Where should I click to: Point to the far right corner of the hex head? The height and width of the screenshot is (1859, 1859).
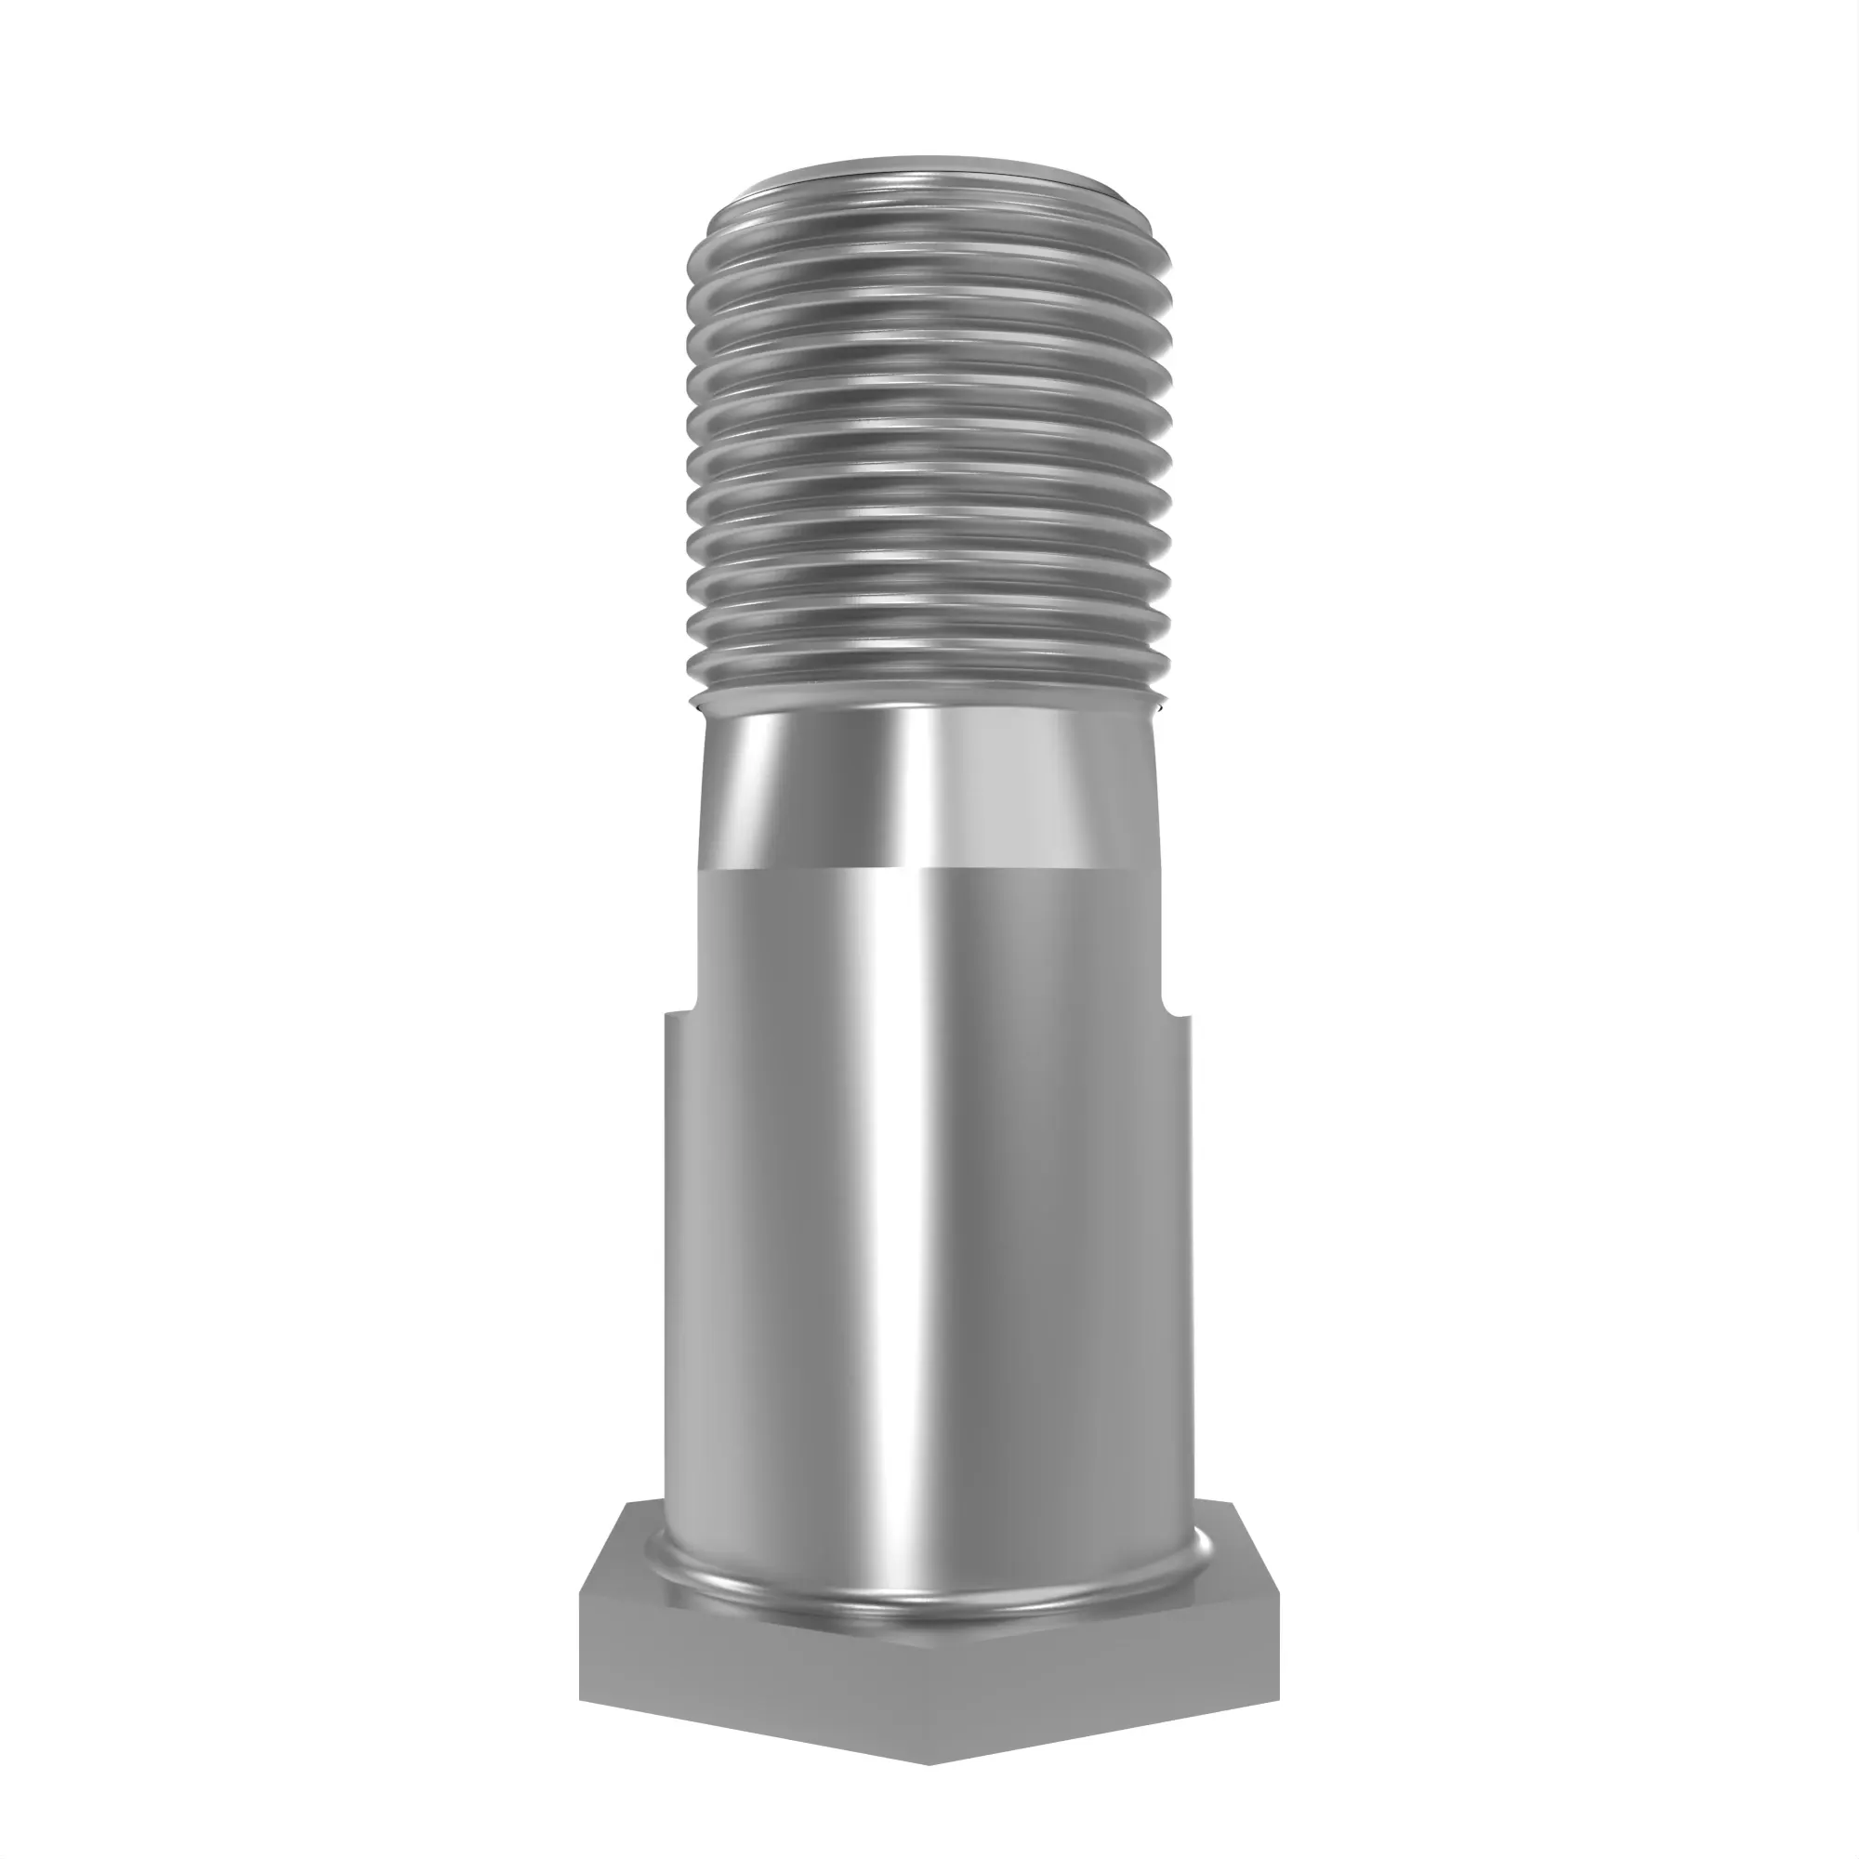pyautogui.click(x=1280, y=1597)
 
